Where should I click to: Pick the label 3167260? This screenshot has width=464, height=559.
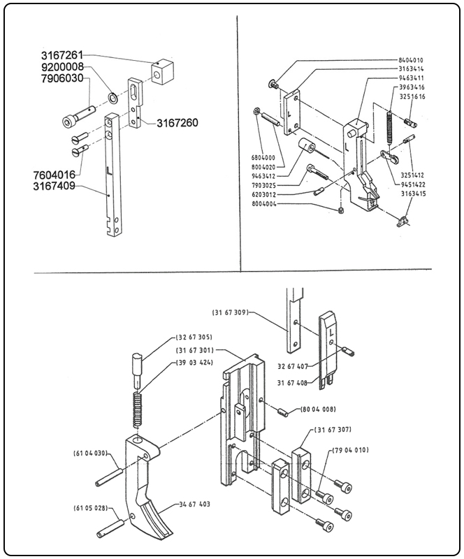click(177, 123)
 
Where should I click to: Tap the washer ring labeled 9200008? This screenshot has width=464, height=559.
click(112, 94)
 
